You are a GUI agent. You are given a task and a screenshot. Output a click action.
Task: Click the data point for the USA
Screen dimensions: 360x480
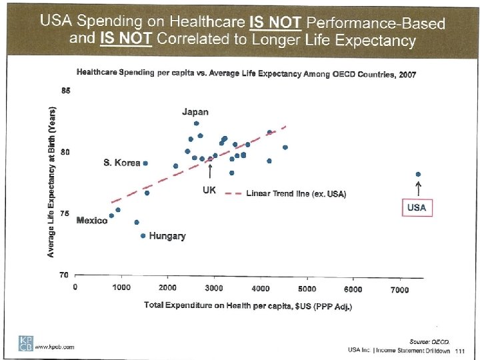point(418,175)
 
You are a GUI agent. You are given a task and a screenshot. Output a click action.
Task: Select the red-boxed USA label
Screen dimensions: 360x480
point(417,207)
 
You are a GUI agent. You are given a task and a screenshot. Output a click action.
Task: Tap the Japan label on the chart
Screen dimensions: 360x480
point(195,112)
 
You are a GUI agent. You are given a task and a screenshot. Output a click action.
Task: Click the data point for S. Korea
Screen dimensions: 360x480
point(145,163)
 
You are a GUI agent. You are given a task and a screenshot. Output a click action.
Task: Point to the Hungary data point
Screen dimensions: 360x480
point(143,235)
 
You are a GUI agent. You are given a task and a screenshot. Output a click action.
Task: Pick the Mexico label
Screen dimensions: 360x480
point(92,221)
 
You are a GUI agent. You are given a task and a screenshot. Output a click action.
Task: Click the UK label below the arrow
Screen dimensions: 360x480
point(209,190)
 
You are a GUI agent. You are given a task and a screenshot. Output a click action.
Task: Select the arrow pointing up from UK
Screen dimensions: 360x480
point(210,172)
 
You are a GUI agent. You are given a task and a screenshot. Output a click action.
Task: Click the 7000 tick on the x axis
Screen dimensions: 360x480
point(399,289)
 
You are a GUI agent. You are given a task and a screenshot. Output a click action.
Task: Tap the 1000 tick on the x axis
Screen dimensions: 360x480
point(121,288)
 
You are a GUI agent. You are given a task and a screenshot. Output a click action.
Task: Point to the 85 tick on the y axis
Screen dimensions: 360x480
point(65,91)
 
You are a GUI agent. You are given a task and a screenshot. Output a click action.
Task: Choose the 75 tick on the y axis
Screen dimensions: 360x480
point(65,213)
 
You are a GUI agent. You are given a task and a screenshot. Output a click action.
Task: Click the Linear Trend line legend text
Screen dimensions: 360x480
point(296,194)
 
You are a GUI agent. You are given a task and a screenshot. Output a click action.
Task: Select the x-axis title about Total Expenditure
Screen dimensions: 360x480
point(248,305)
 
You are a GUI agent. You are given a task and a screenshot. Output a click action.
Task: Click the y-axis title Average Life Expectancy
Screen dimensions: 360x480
point(51,182)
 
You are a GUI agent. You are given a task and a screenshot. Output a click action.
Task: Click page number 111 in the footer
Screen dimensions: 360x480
point(460,350)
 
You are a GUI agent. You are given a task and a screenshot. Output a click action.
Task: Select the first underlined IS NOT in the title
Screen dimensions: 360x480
point(275,23)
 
